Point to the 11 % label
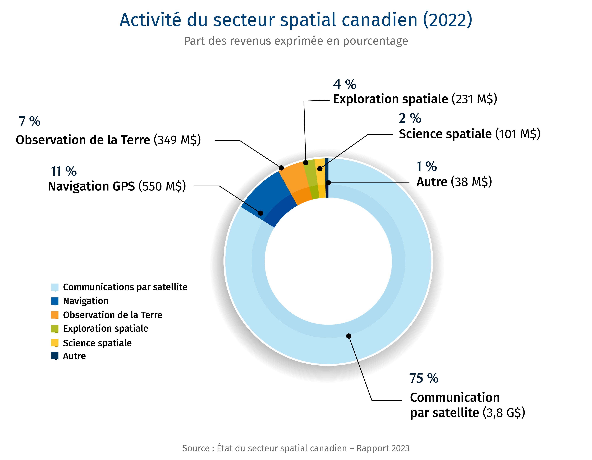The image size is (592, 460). (x=64, y=171)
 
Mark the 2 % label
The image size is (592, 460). (x=410, y=118)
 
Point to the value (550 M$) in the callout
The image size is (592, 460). (x=162, y=186)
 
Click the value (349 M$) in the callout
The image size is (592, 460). (x=177, y=140)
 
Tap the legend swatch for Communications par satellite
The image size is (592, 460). (x=55, y=287)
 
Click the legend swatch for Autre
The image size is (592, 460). (x=55, y=356)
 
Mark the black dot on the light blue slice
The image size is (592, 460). (x=349, y=336)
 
